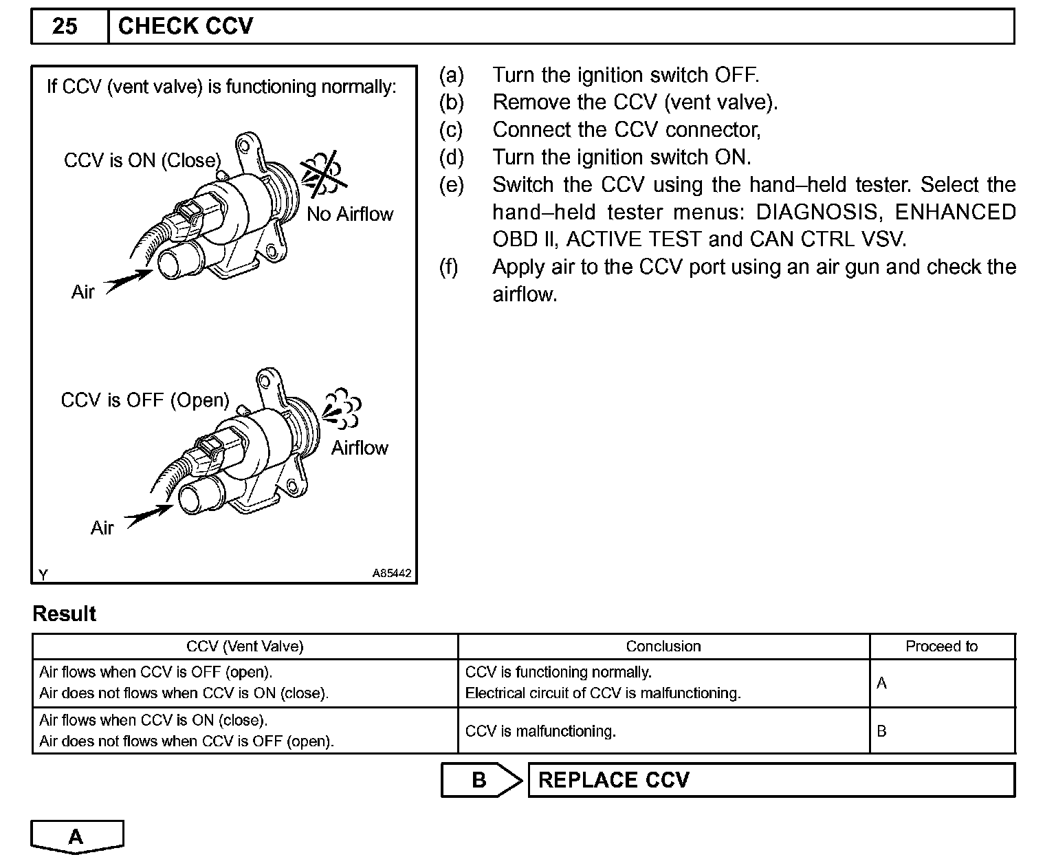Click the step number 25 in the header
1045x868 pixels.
pyautogui.click(x=65, y=26)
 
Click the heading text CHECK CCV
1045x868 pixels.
pyautogui.click(x=186, y=26)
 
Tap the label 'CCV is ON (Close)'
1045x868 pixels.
pyautogui.click(x=142, y=160)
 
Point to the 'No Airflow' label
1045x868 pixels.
pyautogui.click(x=350, y=214)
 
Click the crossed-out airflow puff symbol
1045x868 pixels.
pyautogui.click(x=323, y=172)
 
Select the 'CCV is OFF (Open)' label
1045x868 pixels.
pyautogui.click(x=145, y=400)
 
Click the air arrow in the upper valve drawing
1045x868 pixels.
pyautogui.click(x=129, y=281)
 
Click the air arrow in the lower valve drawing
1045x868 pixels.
pyautogui.click(x=148, y=516)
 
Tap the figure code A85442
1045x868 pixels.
pyautogui.click(x=393, y=573)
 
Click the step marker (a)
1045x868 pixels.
pyautogui.click(x=451, y=75)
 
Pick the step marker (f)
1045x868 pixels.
pyautogui.click(x=449, y=267)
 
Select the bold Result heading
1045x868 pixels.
pyautogui.click(x=65, y=614)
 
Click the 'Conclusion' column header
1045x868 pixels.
pyautogui.click(x=663, y=647)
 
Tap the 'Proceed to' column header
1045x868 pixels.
pyautogui.click(x=941, y=647)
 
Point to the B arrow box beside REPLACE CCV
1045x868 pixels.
pyautogui.click(x=481, y=780)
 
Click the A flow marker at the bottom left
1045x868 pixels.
pyautogui.click(x=76, y=836)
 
